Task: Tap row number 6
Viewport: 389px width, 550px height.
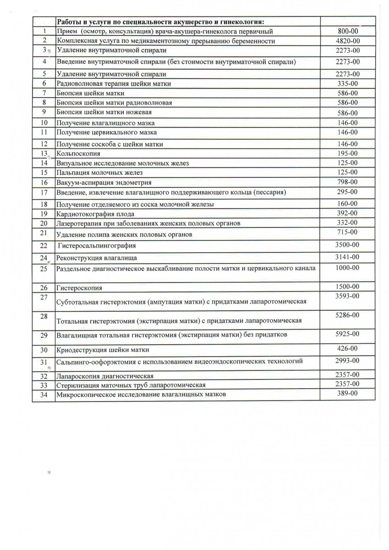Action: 44,83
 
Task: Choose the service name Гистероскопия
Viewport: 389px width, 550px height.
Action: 79,288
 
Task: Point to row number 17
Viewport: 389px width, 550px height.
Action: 44,192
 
